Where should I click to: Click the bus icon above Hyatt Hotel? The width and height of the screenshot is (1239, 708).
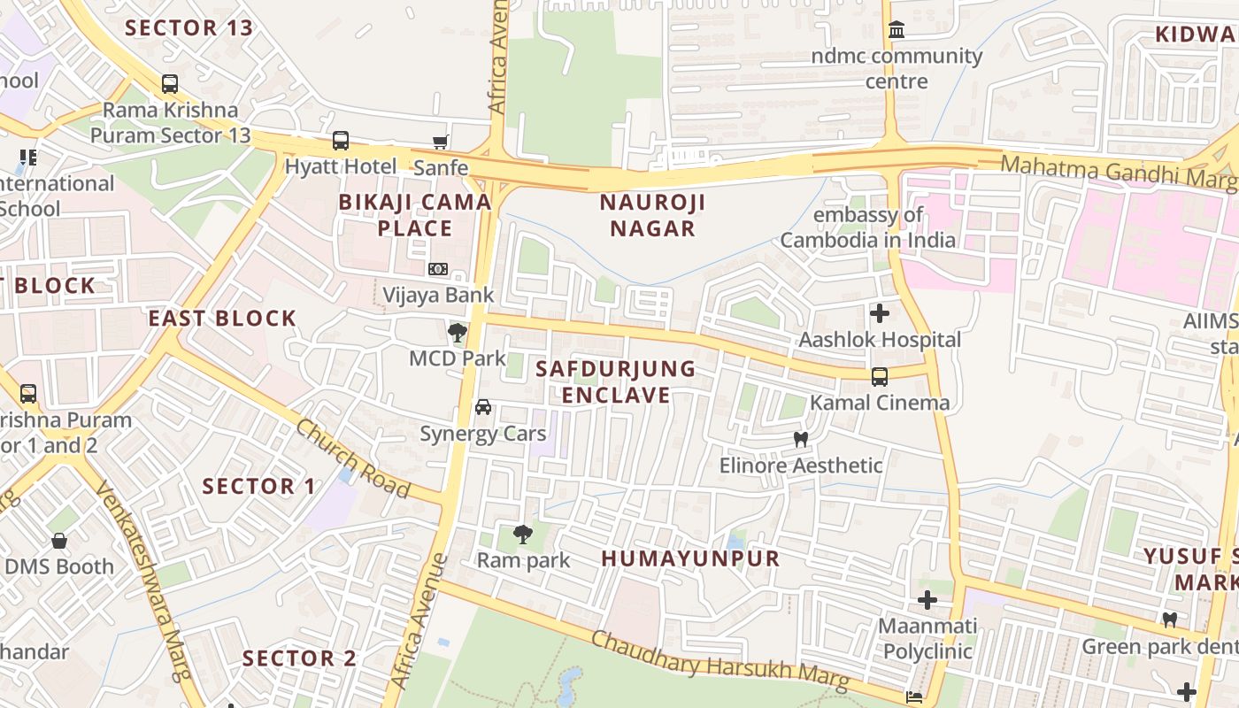tap(341, 141)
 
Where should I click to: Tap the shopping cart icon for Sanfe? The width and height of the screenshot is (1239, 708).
tap(440, 142)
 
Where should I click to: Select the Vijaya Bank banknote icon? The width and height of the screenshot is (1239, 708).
tap(438, 269)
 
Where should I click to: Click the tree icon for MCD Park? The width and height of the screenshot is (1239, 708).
tap(458, 334)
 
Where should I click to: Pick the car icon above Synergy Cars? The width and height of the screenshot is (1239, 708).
tap(483, 407)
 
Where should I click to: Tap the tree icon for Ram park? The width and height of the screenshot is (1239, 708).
tap(523, 534)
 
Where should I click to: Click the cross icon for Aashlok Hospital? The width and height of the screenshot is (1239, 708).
tap(880, 313)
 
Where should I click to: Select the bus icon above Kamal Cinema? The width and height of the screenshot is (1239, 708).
tap(880, 377)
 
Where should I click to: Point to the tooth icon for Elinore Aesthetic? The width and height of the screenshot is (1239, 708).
tap(801, 439)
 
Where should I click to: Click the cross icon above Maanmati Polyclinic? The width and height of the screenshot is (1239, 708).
tap(927, 601)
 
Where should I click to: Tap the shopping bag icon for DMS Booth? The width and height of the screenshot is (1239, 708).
tap(59, 541)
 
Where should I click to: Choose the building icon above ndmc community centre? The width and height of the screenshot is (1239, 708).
tap(897, 31)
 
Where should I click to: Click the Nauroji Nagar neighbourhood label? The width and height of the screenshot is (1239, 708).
tap(653, 215)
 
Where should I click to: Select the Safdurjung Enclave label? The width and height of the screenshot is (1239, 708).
tap(616, 381)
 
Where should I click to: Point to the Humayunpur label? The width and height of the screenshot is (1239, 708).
tap(691, 558)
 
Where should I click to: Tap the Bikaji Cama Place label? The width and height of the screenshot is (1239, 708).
tap(415, 215)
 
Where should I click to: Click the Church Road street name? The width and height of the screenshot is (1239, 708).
tap(352, 458)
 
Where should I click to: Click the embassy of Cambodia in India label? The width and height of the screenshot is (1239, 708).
tap(868, 227)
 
